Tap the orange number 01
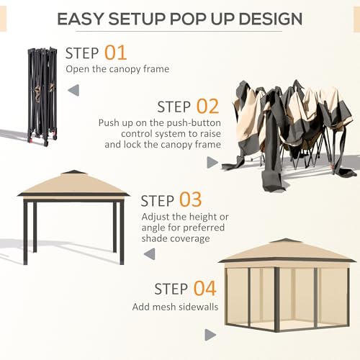pyautogui.click(x=115, y=53)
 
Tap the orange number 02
pyautogui.click(x=207, y=107)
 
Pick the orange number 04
pyautogui.click(x=204, y=289)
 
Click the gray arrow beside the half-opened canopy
pyautogui.click(x=212, y=163)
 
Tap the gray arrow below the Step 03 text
pyautogui.click(x=149, y=253)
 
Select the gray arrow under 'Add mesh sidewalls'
pyautogui.click(x=210, y=335)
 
